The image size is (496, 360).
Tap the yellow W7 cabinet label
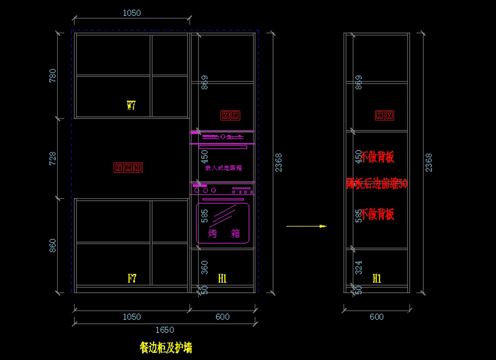[131, 106]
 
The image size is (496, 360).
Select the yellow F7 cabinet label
[132, 279]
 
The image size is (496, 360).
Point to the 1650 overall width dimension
[165, 330]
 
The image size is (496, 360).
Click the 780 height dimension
[53, 76]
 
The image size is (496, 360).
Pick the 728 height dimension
[53, 158]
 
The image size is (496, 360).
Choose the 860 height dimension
[53, 246]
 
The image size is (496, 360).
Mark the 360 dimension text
[205, 267]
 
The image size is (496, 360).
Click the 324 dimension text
[359, 267]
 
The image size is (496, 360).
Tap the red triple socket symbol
[128, 167]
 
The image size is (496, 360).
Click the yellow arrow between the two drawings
[306, 226]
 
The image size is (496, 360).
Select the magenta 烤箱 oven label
[224, 234]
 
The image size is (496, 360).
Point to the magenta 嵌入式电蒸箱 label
[223, 168]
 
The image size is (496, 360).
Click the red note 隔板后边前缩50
[377, 184]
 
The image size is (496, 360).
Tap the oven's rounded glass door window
[223, 222]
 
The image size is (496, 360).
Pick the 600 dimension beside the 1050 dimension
[222, 317]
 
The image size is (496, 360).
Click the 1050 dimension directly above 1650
[131, 317]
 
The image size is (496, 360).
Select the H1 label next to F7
[222, 279]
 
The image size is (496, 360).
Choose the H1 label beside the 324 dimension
[377, 279]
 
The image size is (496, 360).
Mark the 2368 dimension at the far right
[429, 162]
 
